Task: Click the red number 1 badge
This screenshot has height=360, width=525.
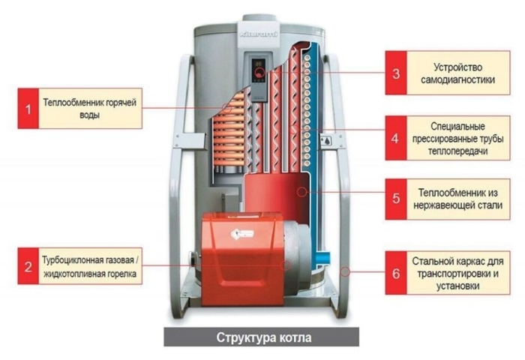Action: (x=29, y=109)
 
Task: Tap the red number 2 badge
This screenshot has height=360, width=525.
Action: (x=29, y=265)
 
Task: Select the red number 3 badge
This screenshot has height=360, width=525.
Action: (x=396, y=73)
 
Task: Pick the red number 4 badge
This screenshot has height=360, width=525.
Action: (x=396, y=138)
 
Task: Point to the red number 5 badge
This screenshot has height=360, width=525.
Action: (x=396, y=199)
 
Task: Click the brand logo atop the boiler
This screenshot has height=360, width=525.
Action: (x=259, y=34)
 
